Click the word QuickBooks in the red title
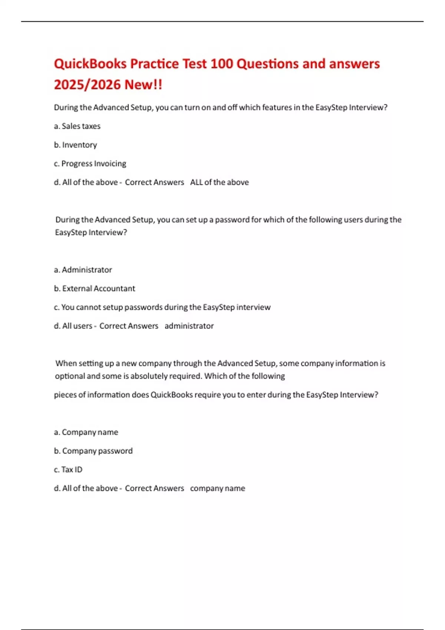90,64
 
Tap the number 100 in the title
221,64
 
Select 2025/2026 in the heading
87,84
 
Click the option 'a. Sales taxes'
77,126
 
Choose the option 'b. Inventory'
75,145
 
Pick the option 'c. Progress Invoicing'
90,163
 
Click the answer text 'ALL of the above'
219,182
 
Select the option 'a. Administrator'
83,270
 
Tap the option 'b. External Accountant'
95,288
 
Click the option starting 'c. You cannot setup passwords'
162,307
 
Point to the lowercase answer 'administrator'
189,326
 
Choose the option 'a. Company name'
86,432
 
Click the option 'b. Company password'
93,451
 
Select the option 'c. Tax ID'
68,470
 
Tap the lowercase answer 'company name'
217,488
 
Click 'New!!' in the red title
143,84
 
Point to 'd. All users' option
73,326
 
